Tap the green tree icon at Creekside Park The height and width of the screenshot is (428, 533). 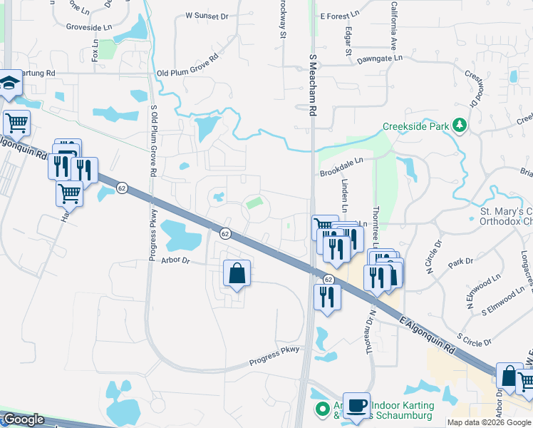coord(460,126)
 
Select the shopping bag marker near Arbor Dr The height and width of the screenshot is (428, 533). coord(237,273)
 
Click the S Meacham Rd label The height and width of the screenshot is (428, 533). coord(312,84)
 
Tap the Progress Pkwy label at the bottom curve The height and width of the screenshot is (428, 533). coord(274,357)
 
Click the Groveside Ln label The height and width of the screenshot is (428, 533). coord(89,26)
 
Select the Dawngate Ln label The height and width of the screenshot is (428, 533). coord(380,58)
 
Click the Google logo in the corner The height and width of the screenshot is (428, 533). coord(24,419)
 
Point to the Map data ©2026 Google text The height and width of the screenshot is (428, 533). coord(488,422)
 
